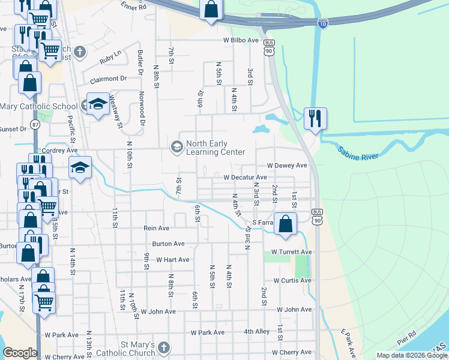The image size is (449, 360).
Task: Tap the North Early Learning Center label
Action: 215,148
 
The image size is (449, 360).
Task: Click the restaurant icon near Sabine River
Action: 315,119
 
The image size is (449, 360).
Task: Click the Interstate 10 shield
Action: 323,23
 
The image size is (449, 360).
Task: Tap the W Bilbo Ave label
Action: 241,40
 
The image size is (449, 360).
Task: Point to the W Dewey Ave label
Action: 287,165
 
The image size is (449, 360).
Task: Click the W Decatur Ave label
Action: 245,178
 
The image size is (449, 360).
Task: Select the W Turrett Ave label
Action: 292,252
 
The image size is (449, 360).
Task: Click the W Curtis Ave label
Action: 292,280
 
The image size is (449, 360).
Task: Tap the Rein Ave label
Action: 156,229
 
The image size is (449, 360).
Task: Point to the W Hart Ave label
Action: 173,260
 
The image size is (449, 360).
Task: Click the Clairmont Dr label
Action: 109,79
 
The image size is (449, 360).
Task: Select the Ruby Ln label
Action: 110,58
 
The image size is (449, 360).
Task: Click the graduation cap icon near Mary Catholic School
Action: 98,104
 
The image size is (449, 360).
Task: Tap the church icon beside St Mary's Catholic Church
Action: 164,348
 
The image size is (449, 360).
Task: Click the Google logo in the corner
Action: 20,353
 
